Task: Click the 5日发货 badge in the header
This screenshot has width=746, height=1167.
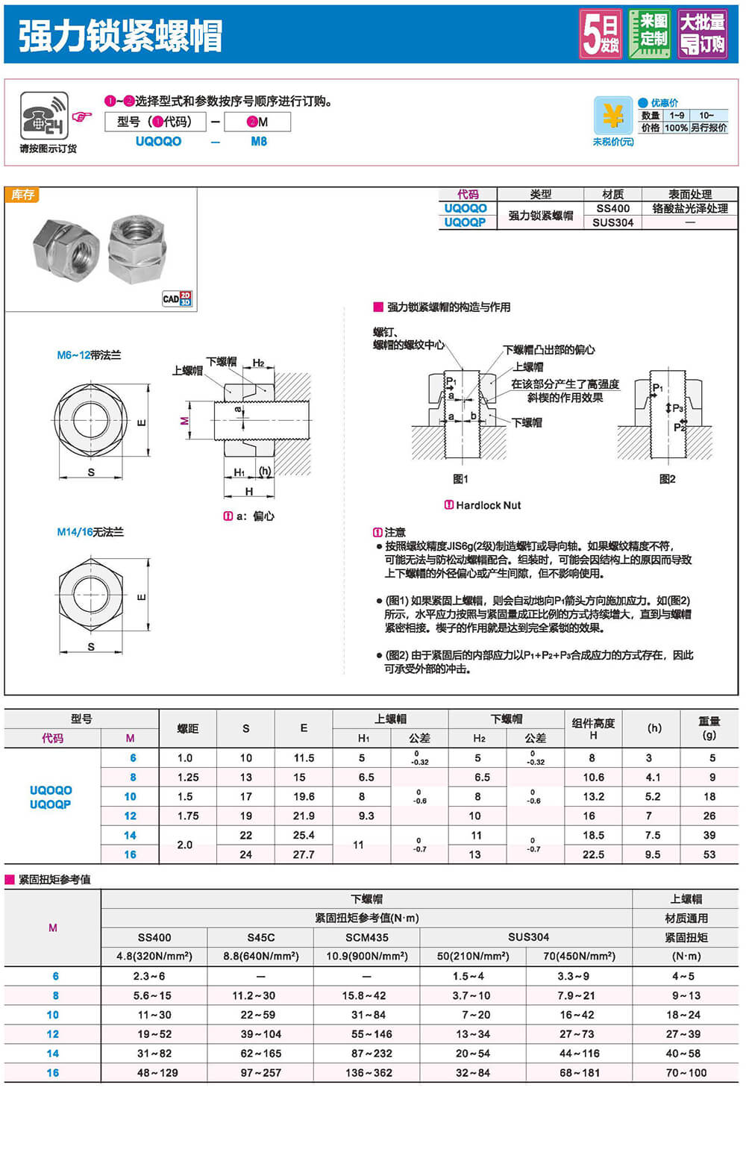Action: point(601,34)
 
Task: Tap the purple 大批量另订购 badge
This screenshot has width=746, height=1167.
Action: point(702,34)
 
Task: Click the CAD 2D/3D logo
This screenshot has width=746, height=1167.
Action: point(178,298)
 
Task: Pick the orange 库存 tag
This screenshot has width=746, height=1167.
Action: point(22,195)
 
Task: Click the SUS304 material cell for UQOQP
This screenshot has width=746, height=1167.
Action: point(613,222)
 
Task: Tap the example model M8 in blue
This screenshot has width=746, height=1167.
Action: point(259,142)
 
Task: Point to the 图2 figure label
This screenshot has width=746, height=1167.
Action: point(667,479)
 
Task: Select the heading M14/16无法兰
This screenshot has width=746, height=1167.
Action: point(90,532)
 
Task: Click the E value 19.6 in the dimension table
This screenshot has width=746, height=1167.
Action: point(304,796)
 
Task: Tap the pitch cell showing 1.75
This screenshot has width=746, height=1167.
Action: point(188,816)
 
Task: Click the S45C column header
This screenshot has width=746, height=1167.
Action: point(260,937)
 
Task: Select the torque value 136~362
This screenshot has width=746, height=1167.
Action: point(368,1072)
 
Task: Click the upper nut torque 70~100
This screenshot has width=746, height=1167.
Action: point(686,1072)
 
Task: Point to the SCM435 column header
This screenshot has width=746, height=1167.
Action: point(367,937)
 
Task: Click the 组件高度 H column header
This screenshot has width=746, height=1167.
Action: point(593,728)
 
